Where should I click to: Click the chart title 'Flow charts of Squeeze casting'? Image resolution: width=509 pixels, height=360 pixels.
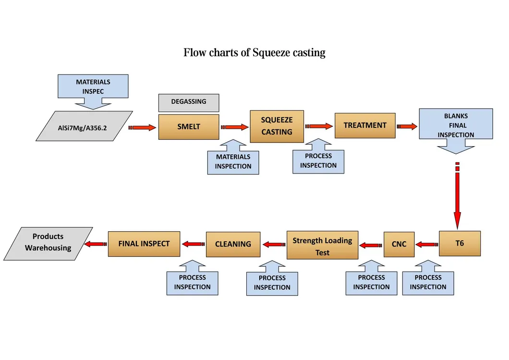point(254,52)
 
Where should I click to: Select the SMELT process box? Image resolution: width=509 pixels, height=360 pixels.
point(189,127)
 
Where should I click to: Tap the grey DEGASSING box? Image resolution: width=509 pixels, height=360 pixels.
point(189,102)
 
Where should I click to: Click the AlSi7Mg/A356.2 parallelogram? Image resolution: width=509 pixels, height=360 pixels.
point(84,127)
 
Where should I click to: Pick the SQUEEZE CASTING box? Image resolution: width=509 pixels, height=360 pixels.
point(277,126)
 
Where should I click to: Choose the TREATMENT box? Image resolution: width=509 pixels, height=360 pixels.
point(365,125)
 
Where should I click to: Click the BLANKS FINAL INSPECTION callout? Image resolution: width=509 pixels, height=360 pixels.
point(456,125)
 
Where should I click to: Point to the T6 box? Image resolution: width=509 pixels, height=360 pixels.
point(460,244)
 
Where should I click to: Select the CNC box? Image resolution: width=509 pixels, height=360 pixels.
point(399,244)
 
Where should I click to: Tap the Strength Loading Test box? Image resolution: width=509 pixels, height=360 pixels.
point(323,246)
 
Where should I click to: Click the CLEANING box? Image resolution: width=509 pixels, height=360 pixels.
point(233,244)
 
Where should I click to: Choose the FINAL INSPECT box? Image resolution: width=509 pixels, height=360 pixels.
point(144,244)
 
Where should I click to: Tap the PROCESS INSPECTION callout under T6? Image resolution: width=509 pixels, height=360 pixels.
point(428,283)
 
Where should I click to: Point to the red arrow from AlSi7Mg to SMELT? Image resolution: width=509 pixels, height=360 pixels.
point(143,127)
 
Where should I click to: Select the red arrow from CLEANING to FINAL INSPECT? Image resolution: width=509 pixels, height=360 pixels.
point(193,244)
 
